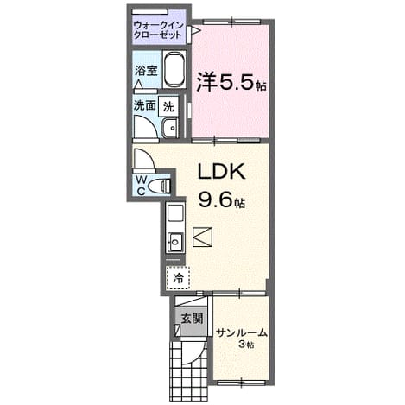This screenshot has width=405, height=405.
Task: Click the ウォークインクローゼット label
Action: [159, 30]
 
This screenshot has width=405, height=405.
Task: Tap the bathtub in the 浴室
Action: [174, 69]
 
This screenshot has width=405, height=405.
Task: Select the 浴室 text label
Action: [147, 71]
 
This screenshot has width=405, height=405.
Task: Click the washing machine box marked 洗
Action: [168, 107]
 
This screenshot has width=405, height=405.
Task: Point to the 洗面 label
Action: [144, 105]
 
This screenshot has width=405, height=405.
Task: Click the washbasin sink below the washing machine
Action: [170, 128]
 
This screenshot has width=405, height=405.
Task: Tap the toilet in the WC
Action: [159, 186]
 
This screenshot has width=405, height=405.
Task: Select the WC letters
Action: [141, 186]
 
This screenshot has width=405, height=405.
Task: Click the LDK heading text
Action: [221, 172]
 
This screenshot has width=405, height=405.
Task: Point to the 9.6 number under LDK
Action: [216, 199]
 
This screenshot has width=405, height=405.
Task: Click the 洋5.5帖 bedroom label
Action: [231, 83]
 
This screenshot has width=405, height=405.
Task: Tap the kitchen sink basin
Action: [175, 242]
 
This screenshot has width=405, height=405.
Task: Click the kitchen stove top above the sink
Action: [175, 213]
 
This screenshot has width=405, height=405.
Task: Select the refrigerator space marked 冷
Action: [178, 277]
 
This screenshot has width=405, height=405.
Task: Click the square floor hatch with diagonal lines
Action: [202, 237]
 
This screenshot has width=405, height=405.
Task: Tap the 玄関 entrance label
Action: [192, 319]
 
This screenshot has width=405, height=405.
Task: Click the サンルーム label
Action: [242, 333]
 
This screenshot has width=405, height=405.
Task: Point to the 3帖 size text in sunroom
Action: [245, 344]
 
